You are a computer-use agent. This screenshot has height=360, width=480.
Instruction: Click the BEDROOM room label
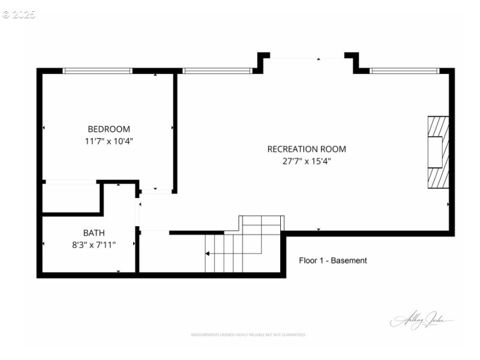click(109, 129)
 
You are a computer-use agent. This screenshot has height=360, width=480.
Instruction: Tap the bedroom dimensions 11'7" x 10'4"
click(109, 142)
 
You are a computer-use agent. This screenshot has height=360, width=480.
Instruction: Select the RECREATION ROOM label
click(307, 149)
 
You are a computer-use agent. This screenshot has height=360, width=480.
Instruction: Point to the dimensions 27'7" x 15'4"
click(307, 161)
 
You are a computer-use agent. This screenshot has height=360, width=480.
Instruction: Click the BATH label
click(94, 232)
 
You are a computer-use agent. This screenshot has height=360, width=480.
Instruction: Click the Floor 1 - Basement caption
click(333, 260)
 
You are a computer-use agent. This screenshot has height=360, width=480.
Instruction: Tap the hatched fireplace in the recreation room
click(437, 152)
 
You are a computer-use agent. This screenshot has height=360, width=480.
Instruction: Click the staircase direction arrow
click(208, 254)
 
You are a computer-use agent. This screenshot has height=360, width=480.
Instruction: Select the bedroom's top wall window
click(97, 71)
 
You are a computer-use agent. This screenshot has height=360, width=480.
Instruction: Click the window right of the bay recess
click(404, 71)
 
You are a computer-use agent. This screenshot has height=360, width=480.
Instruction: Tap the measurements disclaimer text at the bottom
click(248, 334)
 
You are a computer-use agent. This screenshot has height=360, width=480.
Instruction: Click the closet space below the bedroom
click(71, 197)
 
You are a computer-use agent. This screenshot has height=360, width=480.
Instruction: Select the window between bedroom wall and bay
click(217, 71)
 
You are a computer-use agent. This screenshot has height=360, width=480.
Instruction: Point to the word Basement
click(349, 260)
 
